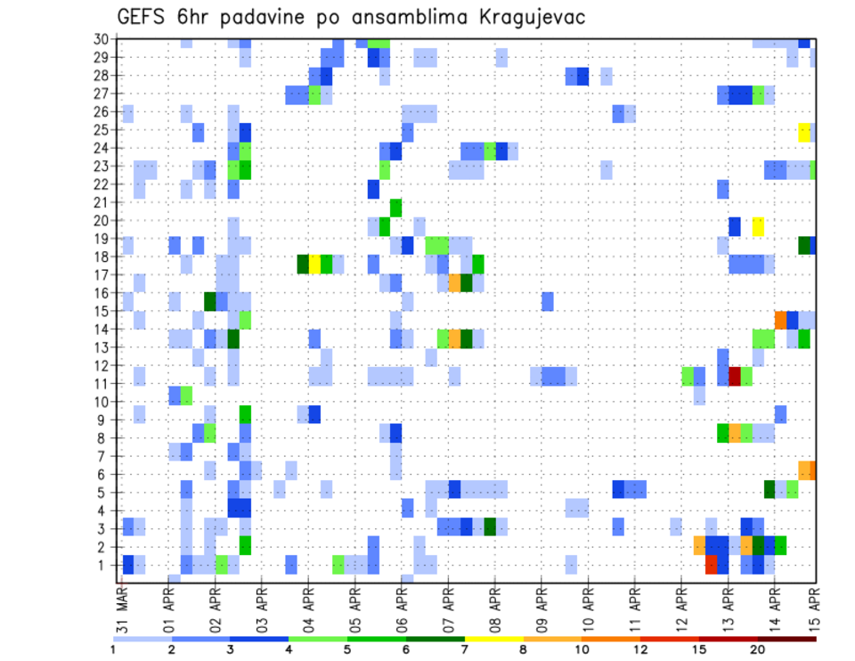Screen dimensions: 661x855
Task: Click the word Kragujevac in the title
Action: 527,17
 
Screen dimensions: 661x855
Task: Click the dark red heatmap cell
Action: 735,375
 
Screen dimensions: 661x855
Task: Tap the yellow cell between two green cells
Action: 314,264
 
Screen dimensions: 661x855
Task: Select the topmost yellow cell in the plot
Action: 804,131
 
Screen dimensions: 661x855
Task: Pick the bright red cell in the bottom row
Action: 711,564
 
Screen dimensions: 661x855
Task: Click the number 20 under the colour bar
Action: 757,649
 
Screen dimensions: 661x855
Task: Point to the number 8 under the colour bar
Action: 523,649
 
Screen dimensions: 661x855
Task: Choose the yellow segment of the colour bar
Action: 493,638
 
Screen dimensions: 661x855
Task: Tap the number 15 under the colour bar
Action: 698,649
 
